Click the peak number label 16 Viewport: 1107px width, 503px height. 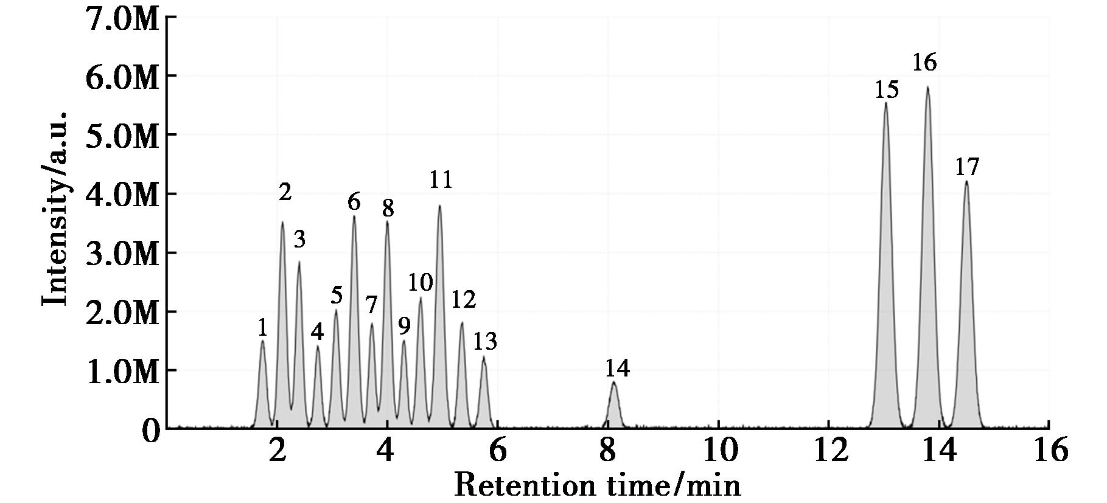(924, 63)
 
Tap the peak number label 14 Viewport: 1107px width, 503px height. (617, 369)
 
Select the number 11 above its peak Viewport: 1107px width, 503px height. (441, 180)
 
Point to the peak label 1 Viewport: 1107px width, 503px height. (262, 328)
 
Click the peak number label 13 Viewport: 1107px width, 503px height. (485, 342)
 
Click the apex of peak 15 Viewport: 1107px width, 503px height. (885, 103)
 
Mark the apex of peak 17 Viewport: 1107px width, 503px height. (966, 181)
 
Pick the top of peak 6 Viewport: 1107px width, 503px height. (354, 217)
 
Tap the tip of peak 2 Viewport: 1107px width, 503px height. (282, 223)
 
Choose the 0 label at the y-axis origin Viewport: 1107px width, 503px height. (151, 431)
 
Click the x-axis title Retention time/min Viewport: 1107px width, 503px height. (598, 485)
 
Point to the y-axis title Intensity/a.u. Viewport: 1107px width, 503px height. (55, 208)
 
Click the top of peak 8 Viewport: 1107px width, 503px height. (387, 222)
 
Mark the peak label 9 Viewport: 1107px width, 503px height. (404, 327)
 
